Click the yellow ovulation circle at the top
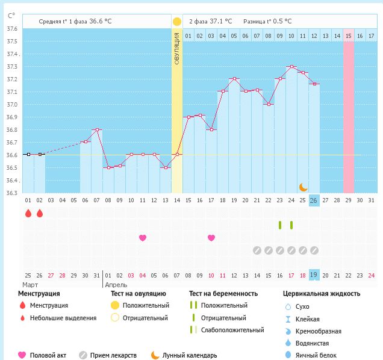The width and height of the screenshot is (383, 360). [176, 22]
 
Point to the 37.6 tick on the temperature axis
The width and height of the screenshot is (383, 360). [11, 29]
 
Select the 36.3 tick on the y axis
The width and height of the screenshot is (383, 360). [11, 193]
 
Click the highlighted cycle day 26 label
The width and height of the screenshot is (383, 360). [314, 200]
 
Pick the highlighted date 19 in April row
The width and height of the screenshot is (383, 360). [314, 275]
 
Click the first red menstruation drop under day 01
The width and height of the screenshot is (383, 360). [28, 213]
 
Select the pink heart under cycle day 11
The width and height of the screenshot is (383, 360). [143, 238]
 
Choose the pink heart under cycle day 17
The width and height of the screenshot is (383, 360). [211, 238]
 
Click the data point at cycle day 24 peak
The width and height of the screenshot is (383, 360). [291, 67]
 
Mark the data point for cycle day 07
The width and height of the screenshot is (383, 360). [96, 129]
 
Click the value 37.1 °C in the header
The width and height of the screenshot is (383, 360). [219, 21]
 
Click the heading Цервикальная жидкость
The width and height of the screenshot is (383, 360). [322, 294]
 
